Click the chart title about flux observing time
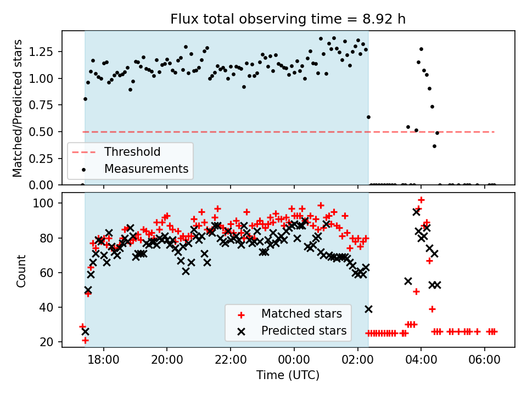tap(288, 19)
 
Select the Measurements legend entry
tap(146, 168)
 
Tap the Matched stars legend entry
tap(301, 314)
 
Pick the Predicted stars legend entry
tap(304, 331)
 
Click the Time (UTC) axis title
tap(288, 376)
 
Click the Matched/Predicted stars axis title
tap(18, 108)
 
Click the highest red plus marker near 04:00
tap(421, 200)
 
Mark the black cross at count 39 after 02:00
tap(368, 309)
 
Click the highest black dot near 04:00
tap(421, 49)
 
